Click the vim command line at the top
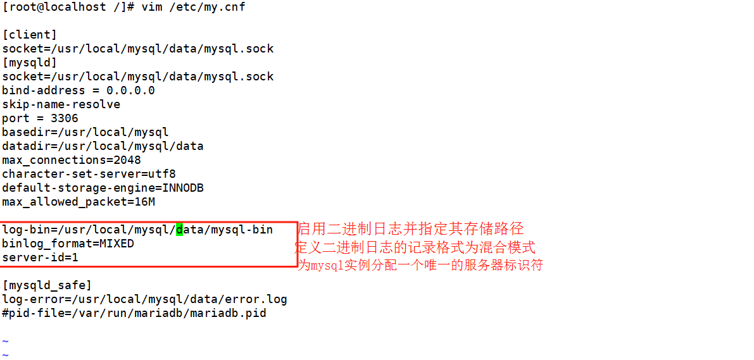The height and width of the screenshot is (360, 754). [x=124, y=7]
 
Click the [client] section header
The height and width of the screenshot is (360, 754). [x=30, y=35]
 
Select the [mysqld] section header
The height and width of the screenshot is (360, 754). [x=30, y=63]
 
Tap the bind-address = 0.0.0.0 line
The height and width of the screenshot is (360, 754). [x=79, y=90]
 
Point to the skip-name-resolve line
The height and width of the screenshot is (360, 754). [x=61, y=104]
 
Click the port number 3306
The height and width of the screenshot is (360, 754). [x=65, y=118]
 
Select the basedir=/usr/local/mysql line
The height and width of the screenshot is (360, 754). [x=85, y=132]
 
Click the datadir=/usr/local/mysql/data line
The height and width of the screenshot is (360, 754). [x=103, y=146]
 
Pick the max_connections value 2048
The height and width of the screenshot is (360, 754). [x=127, y=160]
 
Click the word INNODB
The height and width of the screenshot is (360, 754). [x=183, y=188]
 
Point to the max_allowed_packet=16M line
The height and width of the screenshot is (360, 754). [x=79, y=202]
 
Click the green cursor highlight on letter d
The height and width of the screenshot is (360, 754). [x=179, y=230]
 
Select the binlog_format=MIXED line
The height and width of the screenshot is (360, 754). [x=68, y=244]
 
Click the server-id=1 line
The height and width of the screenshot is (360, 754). [x=40, y=258]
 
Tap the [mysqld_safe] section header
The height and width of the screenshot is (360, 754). [x=47, y=285]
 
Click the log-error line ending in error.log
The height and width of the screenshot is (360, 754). [x=144, y=299]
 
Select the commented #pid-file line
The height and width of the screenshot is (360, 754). [x=134, y=313]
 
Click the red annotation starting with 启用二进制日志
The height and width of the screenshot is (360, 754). [x=411, y=229]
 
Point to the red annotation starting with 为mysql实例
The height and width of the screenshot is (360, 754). [x=420, y=265]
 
